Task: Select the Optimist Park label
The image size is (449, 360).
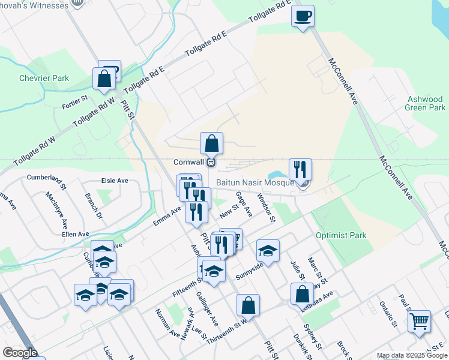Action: click(346, 236)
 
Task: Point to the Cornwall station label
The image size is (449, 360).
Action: click(190, 162)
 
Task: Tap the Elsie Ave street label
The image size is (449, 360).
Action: click(115, 181)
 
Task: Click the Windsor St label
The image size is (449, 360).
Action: click(265, 208)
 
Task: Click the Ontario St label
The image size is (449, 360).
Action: click(388, 314)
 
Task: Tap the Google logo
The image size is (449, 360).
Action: click(20, 353)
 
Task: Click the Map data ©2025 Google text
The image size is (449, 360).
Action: click(411, 356)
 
